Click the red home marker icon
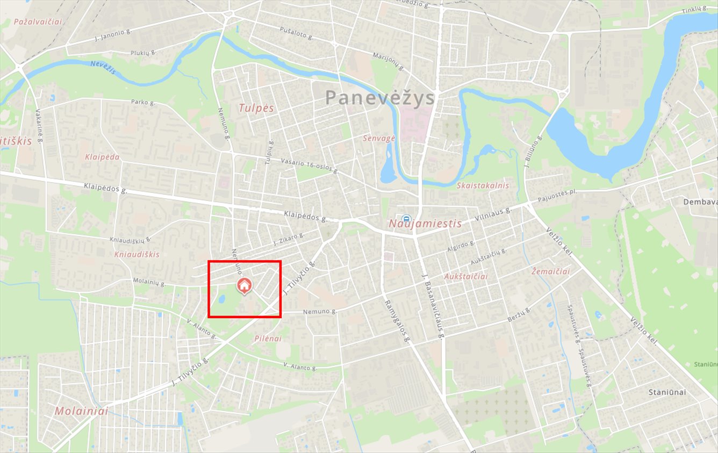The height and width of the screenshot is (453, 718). (x=244, y=286)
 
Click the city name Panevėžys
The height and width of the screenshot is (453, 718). (x=379, y=98)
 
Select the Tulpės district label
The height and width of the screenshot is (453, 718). (x=256, y=108)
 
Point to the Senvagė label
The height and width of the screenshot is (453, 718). (x=379, y=138)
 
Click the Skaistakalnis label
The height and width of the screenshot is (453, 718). (x=482, y=185)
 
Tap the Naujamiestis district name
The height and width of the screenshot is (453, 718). (x=425, y=224)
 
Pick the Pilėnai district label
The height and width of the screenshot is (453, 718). (x=268, y=339)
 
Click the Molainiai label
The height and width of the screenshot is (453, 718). (x=81, y=411)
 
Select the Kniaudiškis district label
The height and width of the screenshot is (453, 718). (x=137, y=254)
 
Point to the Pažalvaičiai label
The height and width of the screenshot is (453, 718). (x=38, y=22)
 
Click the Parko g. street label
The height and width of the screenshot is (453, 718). (x=143, y=102)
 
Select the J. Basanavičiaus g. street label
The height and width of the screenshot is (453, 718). (x=433, y=306)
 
